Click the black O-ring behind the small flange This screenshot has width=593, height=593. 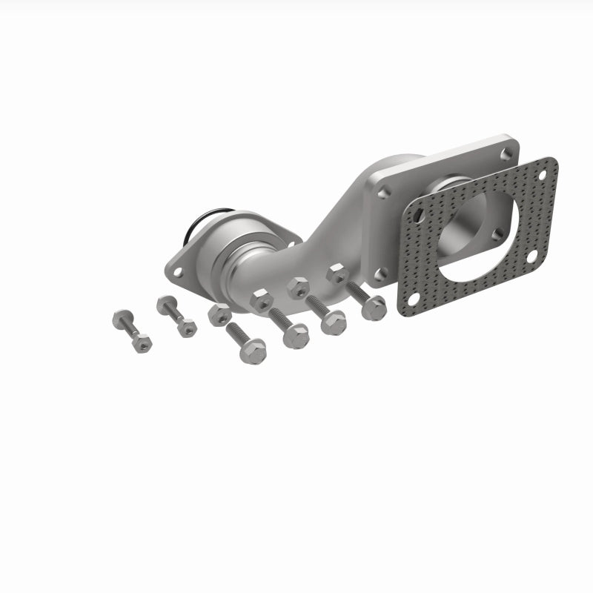[x=196, y=219]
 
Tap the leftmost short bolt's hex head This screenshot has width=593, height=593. [x=122, y=319]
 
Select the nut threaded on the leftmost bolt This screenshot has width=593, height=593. [x=141, y=342]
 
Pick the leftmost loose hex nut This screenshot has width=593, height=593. [x=219, y=314]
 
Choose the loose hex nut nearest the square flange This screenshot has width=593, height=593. [x=337, y=274]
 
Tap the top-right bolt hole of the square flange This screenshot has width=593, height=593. [x=506, y=153]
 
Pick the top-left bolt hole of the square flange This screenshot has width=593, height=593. [x=382, y=192]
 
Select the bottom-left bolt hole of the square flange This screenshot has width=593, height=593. [x=380, y=274]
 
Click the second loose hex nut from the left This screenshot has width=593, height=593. [x=261, y=300]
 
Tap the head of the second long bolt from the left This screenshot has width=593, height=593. [x=296, y=336]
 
